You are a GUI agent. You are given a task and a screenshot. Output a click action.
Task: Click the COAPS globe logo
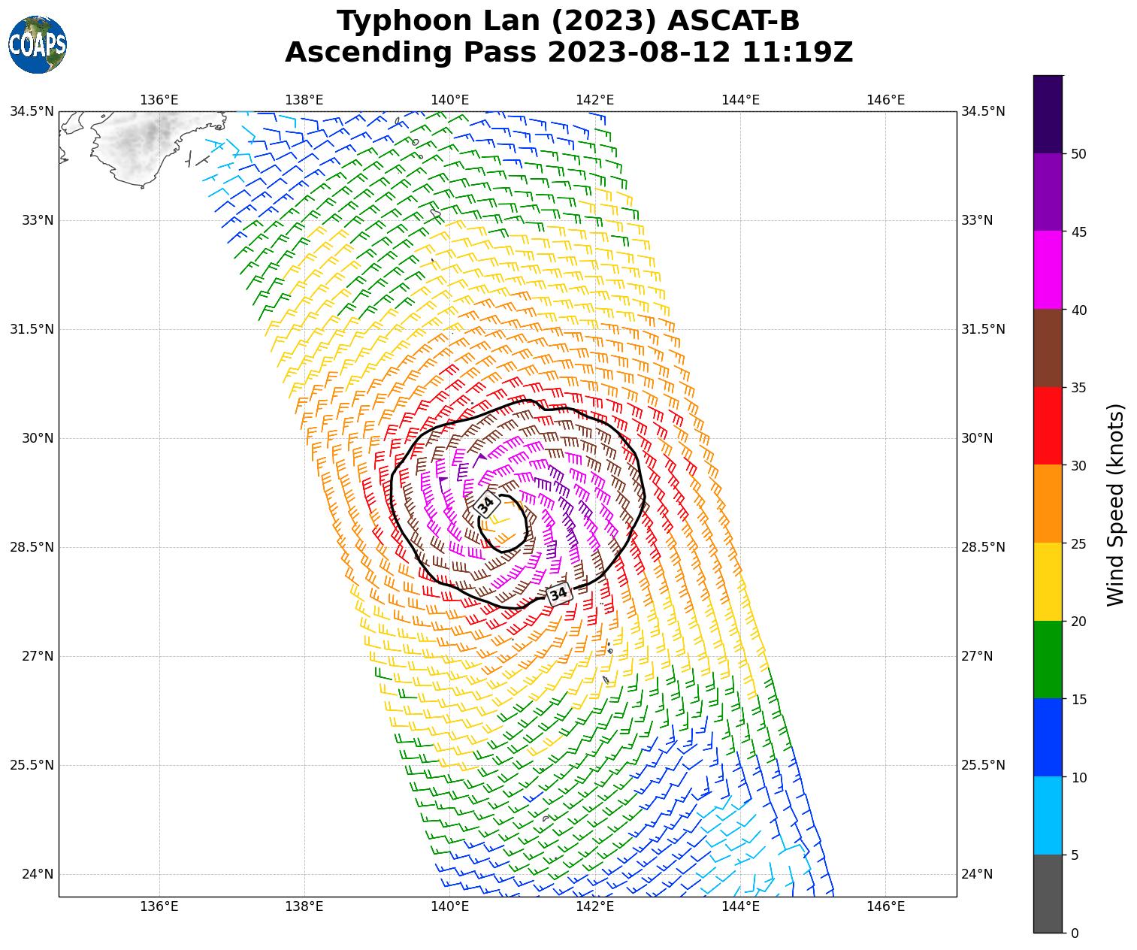coord(37,45)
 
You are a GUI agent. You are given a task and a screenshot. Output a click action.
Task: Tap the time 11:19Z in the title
coord(797,53)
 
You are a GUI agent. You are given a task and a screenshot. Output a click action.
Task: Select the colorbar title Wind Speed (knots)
coord(1117,504)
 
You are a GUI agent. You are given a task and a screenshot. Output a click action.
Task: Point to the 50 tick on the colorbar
coord(1078,154)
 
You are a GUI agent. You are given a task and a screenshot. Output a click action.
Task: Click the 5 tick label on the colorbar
coord(1075,855)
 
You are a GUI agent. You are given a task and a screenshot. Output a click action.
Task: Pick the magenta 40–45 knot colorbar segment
coord(1048,270)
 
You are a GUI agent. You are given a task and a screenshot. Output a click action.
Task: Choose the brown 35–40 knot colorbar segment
coord(1048,348)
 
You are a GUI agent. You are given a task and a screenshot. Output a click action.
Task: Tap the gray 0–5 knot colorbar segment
coord(1048,894)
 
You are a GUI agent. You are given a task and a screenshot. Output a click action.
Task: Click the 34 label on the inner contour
coord(486,505)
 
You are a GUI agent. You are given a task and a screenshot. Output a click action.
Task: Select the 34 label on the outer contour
coord(558,595)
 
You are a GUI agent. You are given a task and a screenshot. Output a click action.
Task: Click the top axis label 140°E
coord(449,100)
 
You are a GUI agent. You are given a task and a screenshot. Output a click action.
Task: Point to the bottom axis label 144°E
coord(740,906)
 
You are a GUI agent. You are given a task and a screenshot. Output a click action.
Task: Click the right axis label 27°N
coord(977,656)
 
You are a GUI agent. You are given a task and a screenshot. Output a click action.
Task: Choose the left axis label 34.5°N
coord(32,111)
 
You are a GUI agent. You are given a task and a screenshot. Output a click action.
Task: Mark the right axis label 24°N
coord(977,874)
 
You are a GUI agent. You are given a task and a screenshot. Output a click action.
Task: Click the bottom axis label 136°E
coord(159,906)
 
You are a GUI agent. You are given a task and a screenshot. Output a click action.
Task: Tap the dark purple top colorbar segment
coord(1048,114)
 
